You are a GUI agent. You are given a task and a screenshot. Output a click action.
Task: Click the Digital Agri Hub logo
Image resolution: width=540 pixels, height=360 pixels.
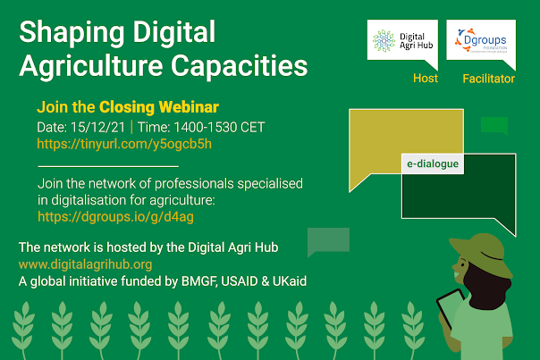coord(402,41)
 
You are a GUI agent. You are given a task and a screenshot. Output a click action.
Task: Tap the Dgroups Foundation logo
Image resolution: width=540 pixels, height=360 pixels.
coord(481,40)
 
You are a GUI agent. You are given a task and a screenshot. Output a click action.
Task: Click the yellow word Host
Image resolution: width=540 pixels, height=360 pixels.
coord(426,79)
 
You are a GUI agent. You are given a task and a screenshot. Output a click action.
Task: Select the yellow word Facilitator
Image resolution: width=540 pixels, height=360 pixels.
coord(488,79)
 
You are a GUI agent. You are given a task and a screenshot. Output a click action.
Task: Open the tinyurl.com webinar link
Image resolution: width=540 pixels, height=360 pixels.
coord(124,144)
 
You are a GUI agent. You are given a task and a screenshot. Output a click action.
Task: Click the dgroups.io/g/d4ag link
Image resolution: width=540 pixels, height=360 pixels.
coord(115,217)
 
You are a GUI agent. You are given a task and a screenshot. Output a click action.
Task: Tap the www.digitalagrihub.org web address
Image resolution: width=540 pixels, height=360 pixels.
coord(86,264)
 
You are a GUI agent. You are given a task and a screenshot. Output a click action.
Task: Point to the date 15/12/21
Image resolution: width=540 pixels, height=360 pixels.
coord(97,128)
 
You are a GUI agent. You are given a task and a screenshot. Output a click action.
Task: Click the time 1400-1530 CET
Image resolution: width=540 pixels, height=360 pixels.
coord(219,128)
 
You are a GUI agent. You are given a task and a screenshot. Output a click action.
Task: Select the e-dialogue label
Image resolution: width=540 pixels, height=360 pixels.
coord(433,163)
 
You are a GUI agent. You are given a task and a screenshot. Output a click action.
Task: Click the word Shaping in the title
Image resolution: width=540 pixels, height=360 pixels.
coord(72,33)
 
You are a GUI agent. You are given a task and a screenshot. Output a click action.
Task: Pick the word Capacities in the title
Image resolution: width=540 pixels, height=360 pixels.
coord(239,65)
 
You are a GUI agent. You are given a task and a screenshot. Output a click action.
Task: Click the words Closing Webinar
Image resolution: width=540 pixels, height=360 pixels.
coord(159,107)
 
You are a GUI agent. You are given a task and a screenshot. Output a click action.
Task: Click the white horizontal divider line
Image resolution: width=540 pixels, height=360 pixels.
coord(108,166)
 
